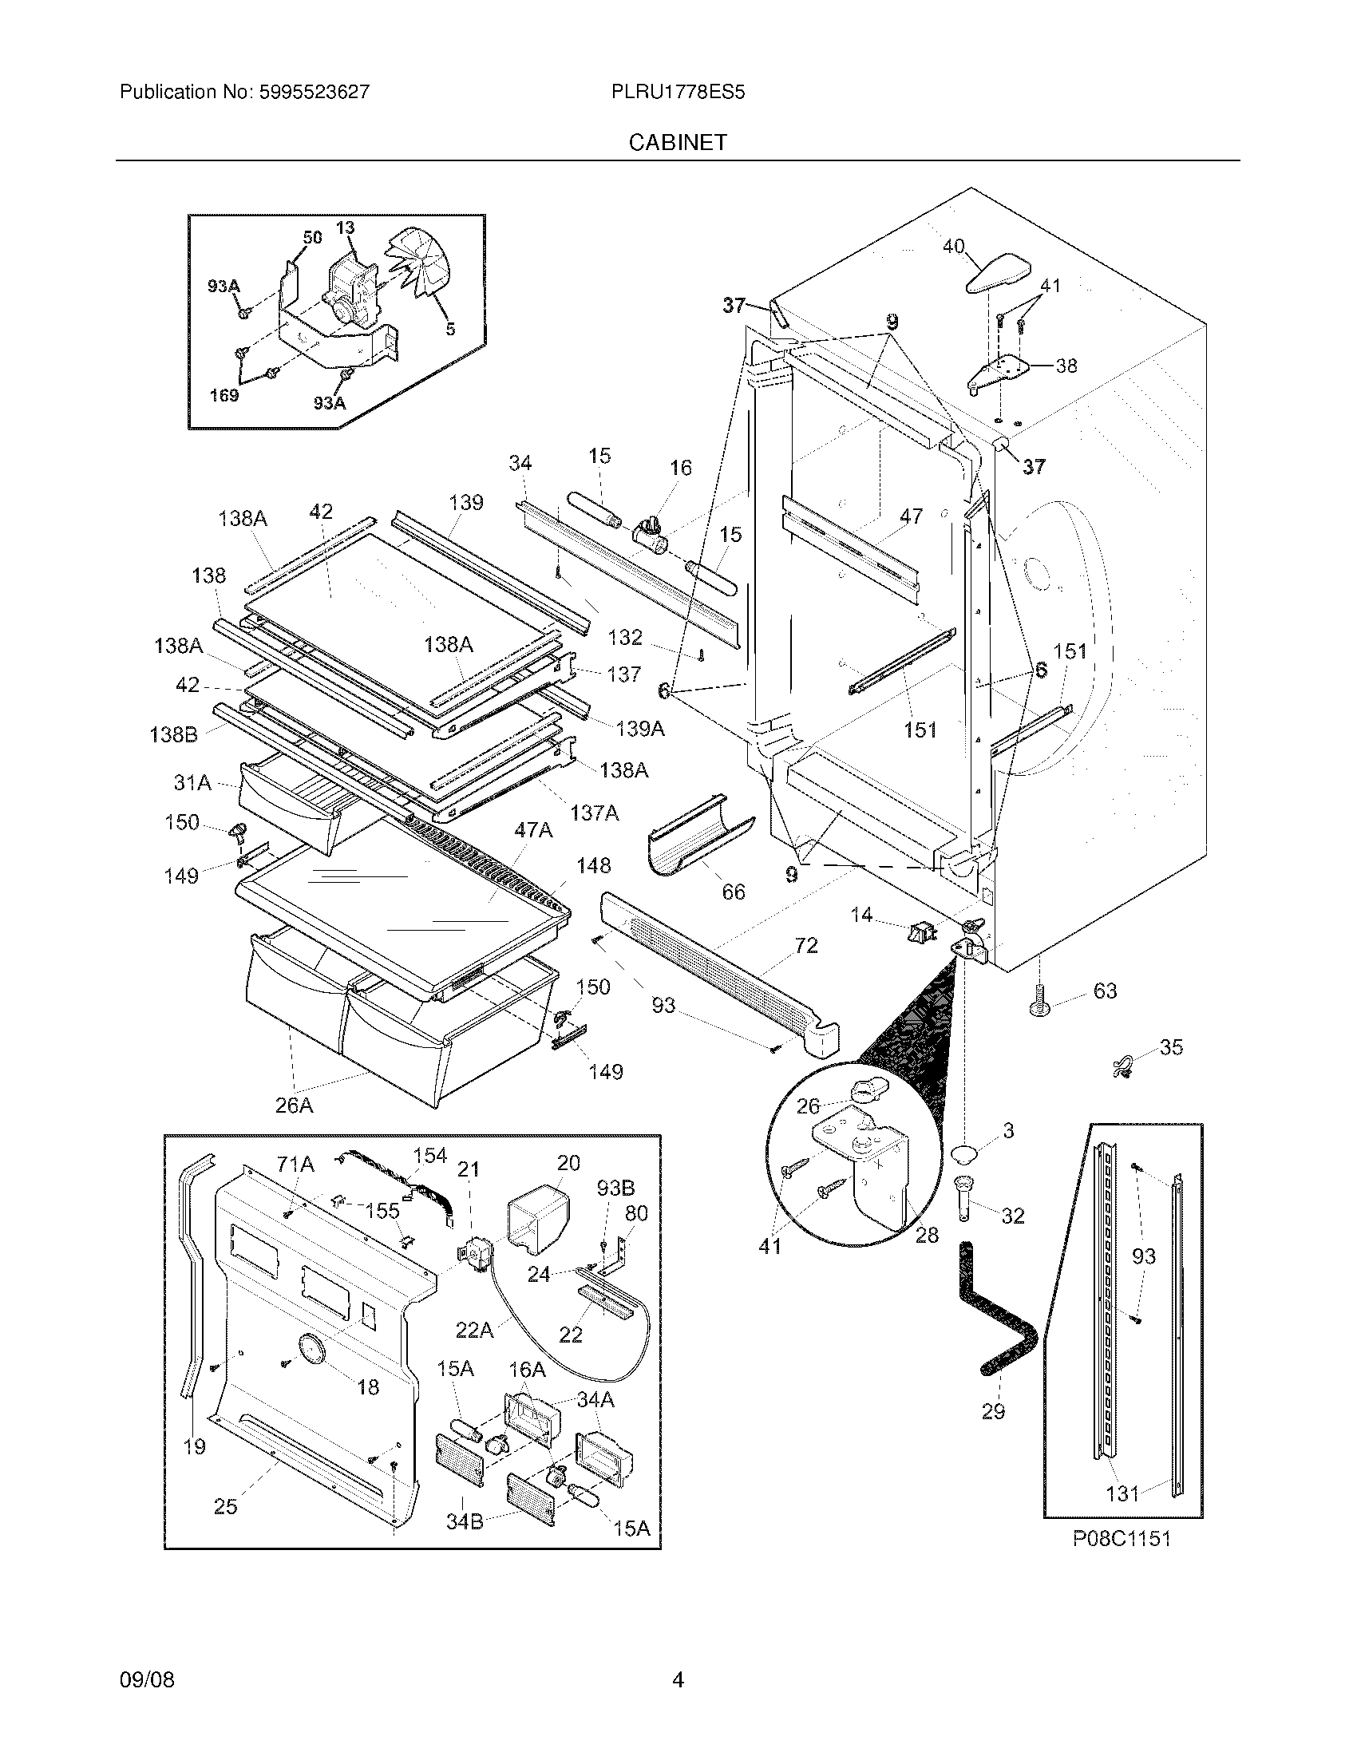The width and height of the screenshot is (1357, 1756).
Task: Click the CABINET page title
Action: tap(678, 142)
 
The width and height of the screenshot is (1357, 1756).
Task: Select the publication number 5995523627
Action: tap(315, 93)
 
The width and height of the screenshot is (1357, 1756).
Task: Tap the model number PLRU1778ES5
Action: tap(678, 93)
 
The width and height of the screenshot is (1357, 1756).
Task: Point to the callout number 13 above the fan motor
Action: tap(345, 228)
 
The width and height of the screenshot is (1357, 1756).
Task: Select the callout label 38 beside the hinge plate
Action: tap(1066, 366)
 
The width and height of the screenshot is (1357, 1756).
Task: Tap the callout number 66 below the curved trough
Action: tap(733, 892)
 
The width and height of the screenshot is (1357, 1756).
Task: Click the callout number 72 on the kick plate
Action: tap(805, 946)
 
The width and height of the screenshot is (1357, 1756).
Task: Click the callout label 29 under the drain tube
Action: tap(993, 1411)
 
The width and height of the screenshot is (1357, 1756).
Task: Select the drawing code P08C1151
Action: tap(1122, 1539)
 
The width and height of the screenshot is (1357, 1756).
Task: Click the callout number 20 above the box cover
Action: tap(568, 1163)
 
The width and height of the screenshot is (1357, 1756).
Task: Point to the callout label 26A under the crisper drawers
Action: tap(295, 1105)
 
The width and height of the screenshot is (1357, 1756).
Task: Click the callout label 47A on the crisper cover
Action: tap(533, 830)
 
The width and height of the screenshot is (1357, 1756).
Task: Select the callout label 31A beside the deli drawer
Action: tap(193, 781)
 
